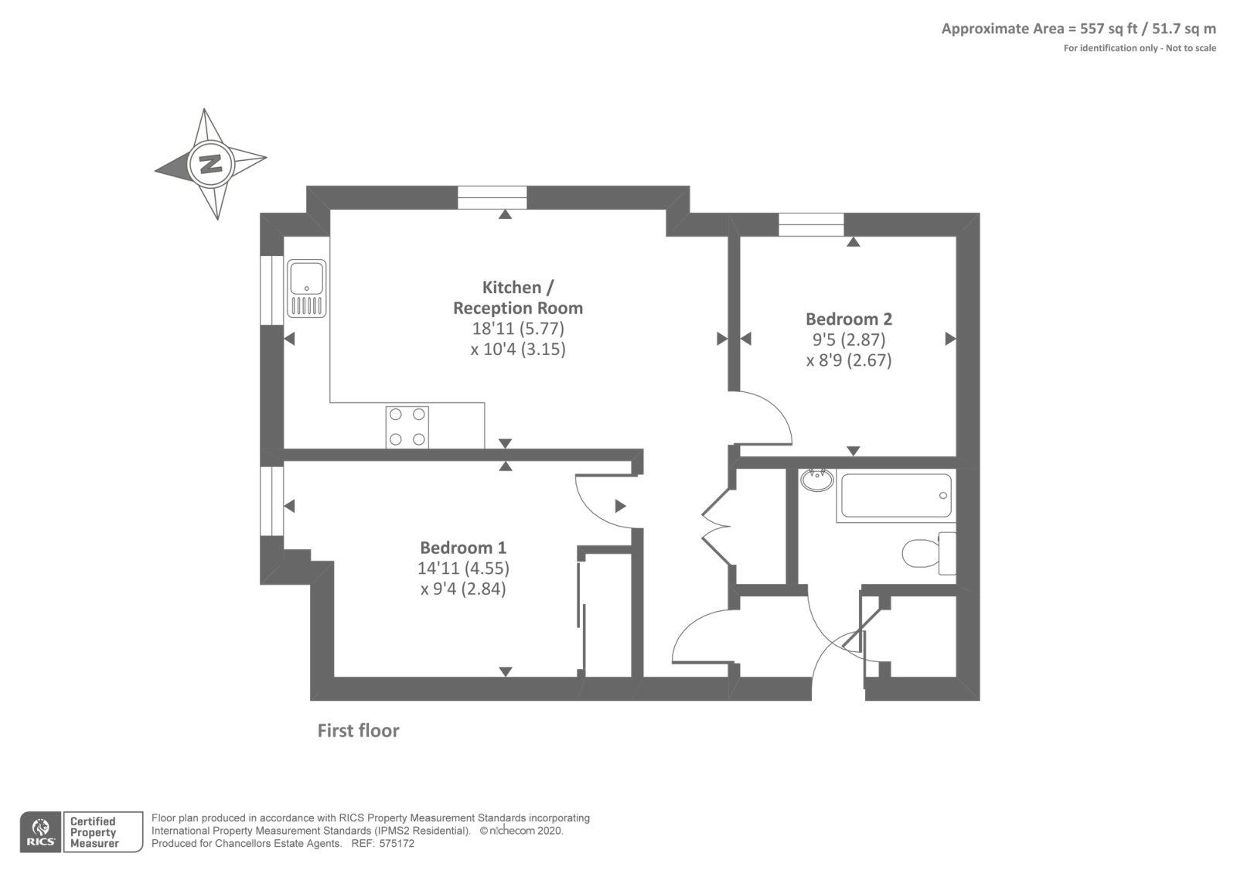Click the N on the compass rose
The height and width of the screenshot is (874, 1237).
(x=211, y=164)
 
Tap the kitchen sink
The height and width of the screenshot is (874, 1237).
(x=306, y=288)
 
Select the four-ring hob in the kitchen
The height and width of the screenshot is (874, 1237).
(x=407, y=427)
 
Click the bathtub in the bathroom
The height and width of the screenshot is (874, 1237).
(x=896, y=496)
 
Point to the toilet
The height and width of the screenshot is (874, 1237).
(x=929, y=553)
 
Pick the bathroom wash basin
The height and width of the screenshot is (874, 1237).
(x=817, y=480)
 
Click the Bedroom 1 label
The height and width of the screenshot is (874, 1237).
(x=463, y=548)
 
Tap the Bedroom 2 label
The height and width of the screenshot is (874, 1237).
(x=849, y=319)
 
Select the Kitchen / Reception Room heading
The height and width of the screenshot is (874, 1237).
(x=518, y=297)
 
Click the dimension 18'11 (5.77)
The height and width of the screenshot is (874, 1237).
(x=518, y=329)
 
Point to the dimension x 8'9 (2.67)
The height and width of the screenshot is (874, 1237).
(x=849, y=360)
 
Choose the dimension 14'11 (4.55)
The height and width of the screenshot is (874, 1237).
(x=463, y=568)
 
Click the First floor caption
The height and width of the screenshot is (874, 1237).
(x=358, y=731)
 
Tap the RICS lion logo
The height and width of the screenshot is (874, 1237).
(x=40, y=832)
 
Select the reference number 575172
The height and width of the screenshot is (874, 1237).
(x=397, y=844)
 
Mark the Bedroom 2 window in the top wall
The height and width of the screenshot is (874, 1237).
(x=811, y=225)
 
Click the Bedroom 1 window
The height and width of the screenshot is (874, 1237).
(x=271, y=501)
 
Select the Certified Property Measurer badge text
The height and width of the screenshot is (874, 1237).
(x=94, y=832)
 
